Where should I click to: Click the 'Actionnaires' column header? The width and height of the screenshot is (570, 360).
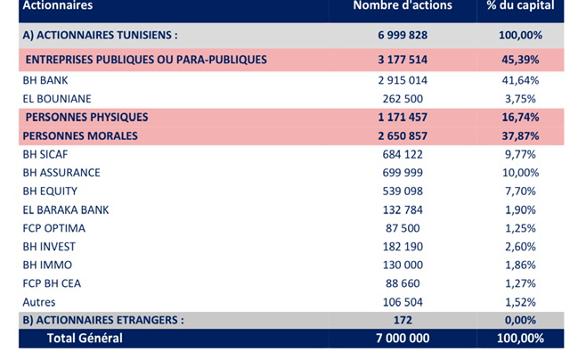pos(57,5)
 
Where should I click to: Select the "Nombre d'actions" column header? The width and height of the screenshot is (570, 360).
pos(403,5)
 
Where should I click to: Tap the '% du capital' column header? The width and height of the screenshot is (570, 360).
pos(520,5)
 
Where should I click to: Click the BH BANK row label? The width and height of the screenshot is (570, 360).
pos(45,80)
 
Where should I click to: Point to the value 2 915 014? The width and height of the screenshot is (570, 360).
pos(403,80)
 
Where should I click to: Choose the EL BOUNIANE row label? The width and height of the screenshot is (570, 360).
pos(57,99)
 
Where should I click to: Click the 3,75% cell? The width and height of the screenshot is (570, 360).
pos(520,99)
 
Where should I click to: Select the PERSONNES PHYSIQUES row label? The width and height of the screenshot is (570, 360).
pos(87,117)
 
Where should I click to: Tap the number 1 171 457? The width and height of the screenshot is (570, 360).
pos(403,117)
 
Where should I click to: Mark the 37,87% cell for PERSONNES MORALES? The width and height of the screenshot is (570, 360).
pos(520,136)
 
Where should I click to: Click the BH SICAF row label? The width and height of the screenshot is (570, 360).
pos(45,154)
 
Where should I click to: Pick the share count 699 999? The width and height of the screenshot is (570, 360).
pos(403,173)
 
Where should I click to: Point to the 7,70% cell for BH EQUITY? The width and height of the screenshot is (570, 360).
pos(520,192)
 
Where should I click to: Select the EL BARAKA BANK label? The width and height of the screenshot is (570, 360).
pos(65,209)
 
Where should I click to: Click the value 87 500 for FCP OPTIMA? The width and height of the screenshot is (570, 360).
pos(403,228)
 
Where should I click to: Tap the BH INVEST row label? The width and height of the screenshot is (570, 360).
pos(49,247)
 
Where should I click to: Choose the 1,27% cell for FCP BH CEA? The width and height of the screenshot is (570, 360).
pos(520,283)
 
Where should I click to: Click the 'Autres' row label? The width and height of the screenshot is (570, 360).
pos(39,302)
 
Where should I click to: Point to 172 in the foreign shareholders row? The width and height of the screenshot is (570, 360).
pos(403,320)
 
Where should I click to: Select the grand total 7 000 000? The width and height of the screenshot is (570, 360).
pos(403,339)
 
